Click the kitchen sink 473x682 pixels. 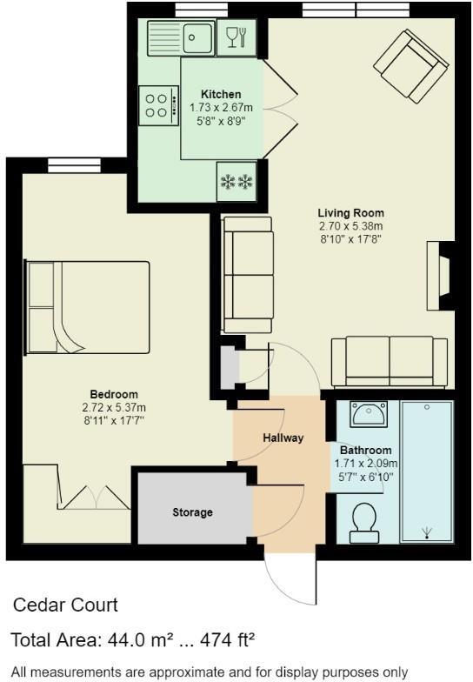(178, 37)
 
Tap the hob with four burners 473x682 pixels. (157, 106)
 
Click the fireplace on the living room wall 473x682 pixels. (440, 276)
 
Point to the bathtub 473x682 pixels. (426, 472)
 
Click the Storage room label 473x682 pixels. (192, 512)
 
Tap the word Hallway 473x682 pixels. (283, 438)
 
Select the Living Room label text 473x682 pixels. (350, 213)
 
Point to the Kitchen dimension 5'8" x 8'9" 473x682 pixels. (221, 121)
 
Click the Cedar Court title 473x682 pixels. (66, 605)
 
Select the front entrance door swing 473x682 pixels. (291, 578)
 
